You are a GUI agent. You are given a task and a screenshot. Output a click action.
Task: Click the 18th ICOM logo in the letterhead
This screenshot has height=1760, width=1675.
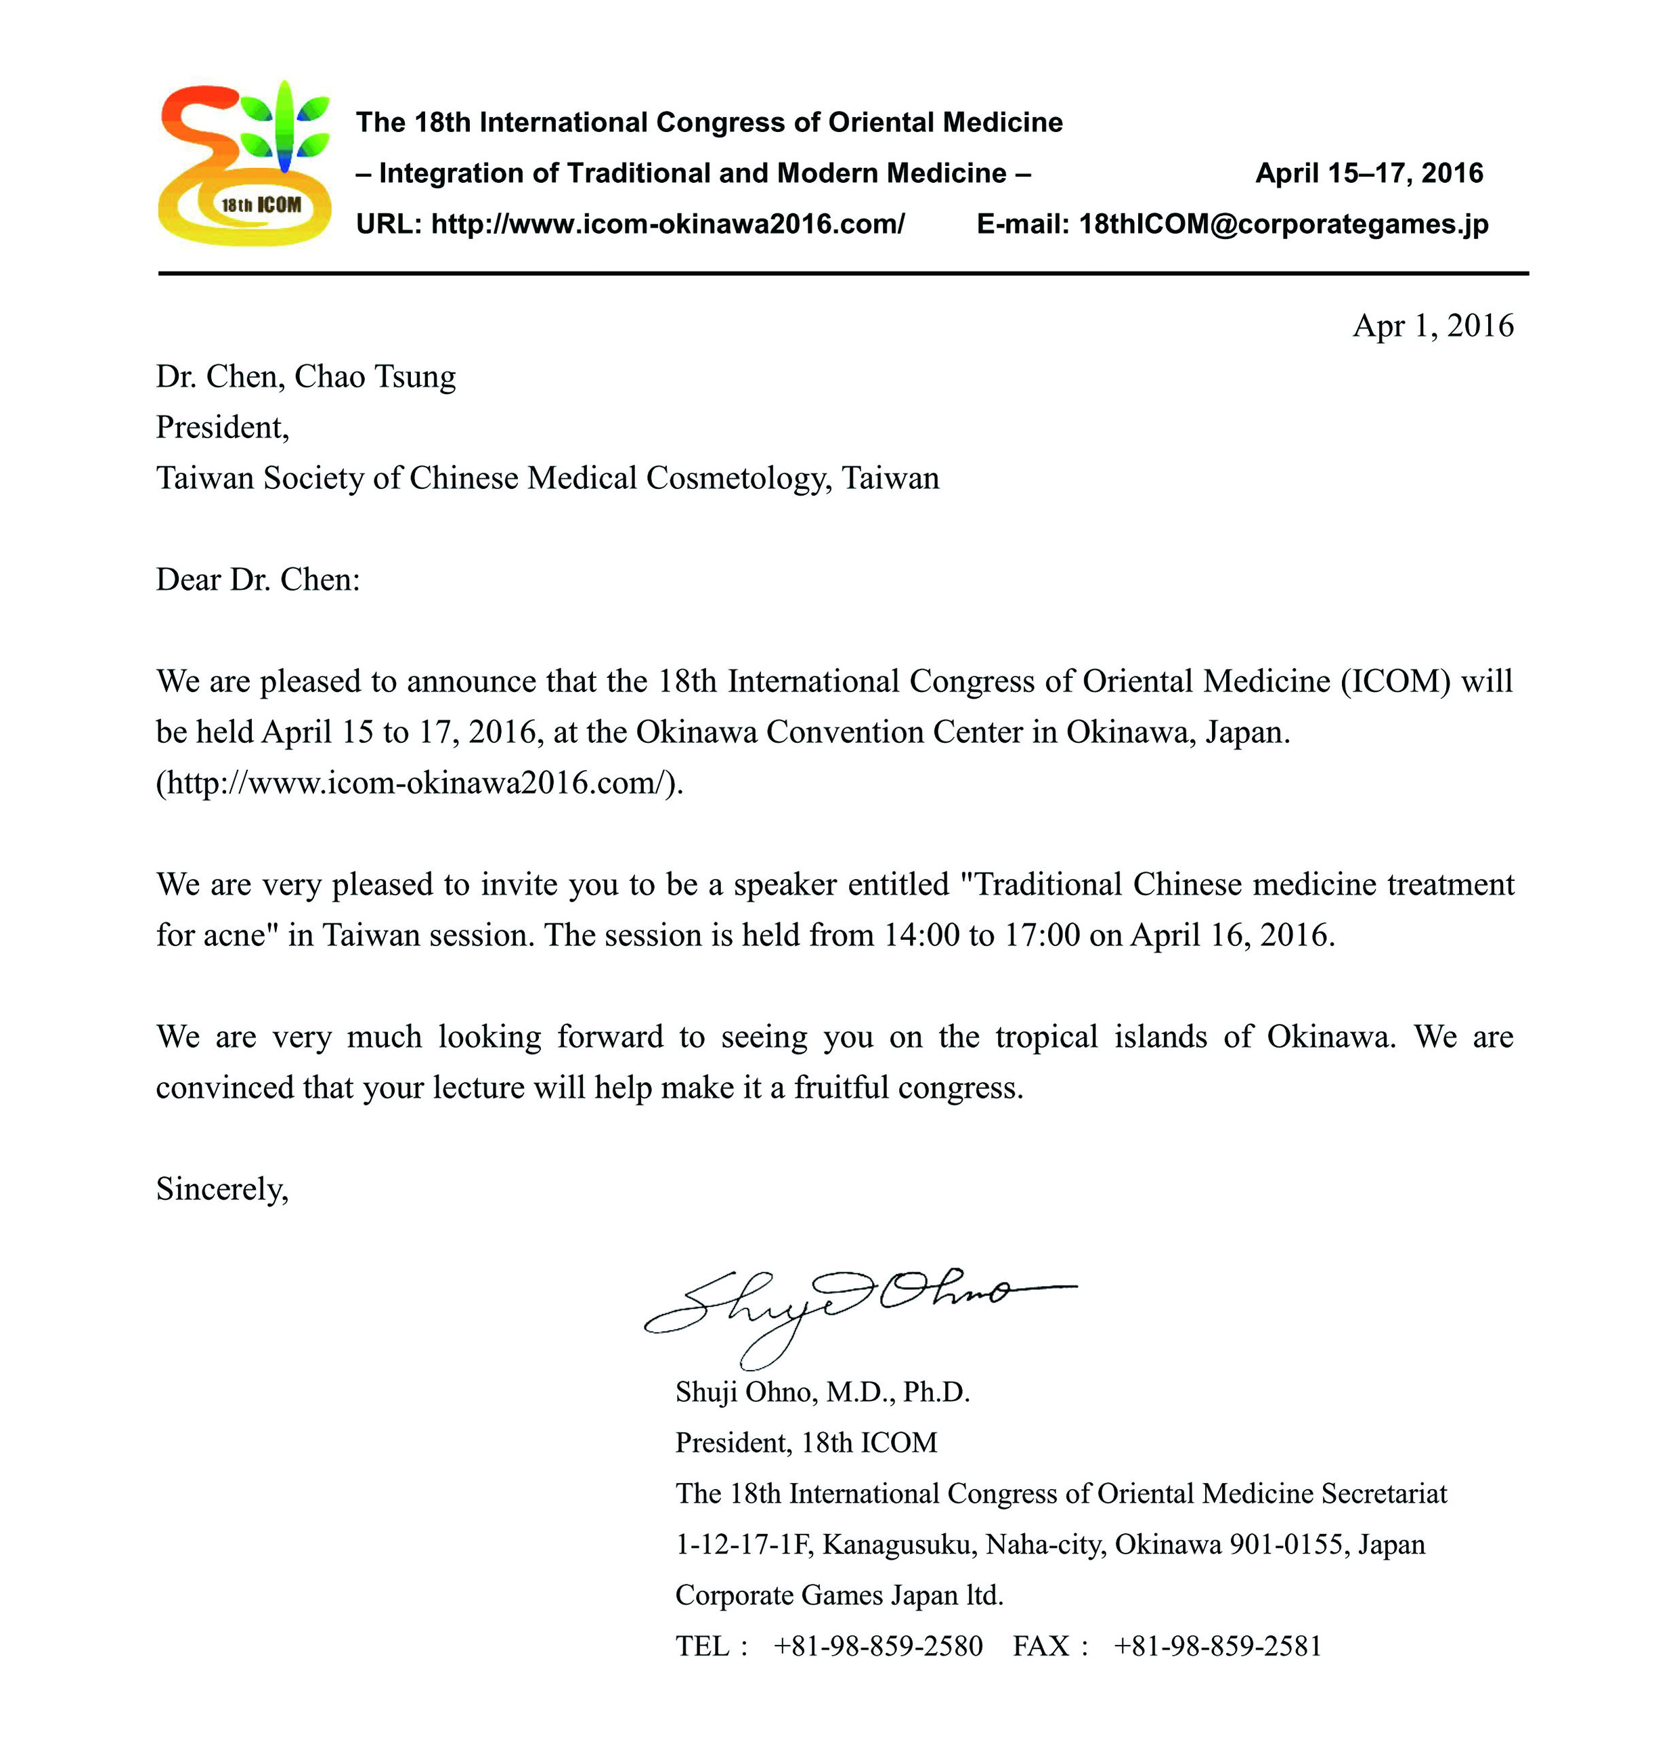244,163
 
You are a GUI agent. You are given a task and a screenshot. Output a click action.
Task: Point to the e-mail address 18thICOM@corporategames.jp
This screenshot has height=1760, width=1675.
1283,224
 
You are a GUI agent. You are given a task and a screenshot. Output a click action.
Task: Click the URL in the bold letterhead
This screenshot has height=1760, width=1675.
667,224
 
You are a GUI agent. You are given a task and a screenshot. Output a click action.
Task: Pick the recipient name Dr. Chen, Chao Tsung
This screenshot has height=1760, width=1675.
305,377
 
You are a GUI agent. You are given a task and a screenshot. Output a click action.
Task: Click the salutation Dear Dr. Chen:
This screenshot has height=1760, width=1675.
258,580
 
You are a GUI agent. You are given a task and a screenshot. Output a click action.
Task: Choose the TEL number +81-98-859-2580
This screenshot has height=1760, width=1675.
877,1646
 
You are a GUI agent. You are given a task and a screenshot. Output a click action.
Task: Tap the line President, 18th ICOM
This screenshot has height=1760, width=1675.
806,1443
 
